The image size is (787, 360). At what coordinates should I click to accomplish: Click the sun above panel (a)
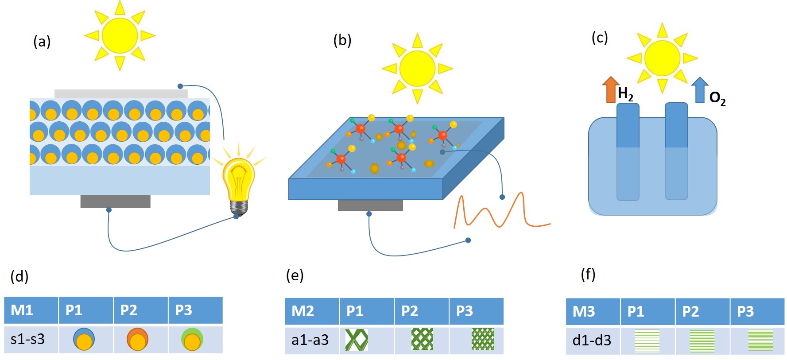[120, 35]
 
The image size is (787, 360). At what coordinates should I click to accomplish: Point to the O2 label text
[717, 98]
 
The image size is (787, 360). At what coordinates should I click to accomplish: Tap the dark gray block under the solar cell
[115, 201]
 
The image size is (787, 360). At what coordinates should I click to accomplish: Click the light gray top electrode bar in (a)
[121, 93]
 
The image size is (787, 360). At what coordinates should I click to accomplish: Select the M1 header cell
[31, 310]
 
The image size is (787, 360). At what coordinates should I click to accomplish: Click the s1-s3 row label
[27, 339]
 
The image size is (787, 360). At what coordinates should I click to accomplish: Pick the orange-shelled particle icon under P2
[137, 340]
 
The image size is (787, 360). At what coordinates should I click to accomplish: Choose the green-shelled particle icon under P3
[192, 340]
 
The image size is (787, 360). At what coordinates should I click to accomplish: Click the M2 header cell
[312, 311]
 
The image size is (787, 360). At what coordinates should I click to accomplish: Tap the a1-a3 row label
[310, 340]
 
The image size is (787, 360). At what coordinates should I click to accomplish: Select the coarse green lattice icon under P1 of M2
[357, 340]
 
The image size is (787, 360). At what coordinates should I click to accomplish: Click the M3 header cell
[593, 311]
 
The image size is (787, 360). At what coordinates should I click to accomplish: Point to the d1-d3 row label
[592, 340]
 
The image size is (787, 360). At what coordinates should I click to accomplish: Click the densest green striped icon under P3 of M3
[760, 340]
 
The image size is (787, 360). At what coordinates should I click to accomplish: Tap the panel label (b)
[342, 40]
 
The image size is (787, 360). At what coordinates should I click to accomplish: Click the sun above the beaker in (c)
[662, 58]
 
